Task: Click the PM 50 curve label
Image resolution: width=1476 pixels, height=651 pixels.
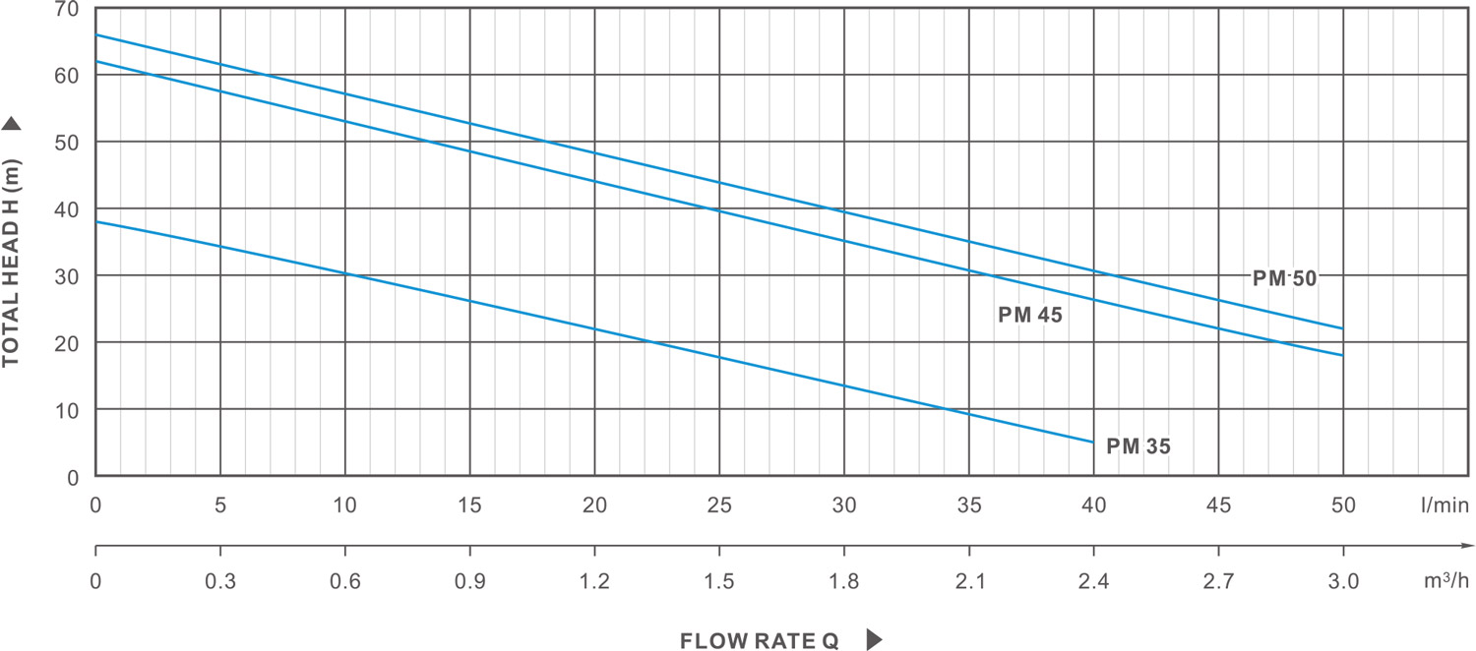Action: (x=1284, y=278)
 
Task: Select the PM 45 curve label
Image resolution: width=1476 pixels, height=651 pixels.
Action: (x=1030, y=316)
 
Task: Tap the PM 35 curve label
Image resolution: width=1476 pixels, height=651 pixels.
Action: (x=1138, y=446)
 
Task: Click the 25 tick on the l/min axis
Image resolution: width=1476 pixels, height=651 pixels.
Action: (x=719, y=505)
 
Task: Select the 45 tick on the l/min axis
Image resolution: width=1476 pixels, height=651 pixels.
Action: (x=1218, y=505)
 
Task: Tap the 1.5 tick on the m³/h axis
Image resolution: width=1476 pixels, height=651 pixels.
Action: (x=719, y=581)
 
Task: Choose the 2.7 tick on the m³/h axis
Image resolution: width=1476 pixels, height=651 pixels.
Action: (x=1218, y=581)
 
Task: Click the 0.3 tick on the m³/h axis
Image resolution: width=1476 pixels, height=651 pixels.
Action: (x=220, y=581)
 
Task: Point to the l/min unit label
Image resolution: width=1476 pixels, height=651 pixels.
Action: (x=1444, y=505)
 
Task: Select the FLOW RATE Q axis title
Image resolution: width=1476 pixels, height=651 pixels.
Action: (x=760, y=641)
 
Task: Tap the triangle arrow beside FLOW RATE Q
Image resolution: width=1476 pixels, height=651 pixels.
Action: (x=874, y=640)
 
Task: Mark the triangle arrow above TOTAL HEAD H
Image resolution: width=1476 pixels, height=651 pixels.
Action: (x=12, y=123)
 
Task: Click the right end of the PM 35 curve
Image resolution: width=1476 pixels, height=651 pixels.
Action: (x=1093, y=443)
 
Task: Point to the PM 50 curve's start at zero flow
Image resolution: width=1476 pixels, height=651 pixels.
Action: (x=95, y=35)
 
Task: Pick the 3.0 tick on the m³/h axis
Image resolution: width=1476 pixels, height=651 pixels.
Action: (x=1343, y=581)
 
